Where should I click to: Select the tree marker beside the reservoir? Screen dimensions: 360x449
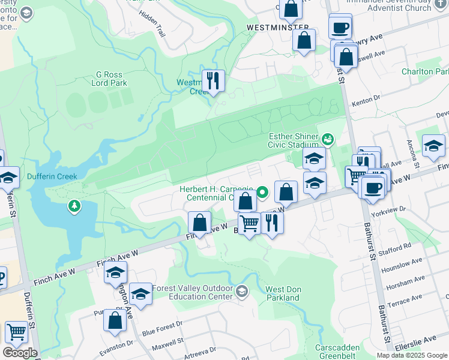[x=74, y=206]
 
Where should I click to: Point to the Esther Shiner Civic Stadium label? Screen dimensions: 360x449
[x=294, y=140]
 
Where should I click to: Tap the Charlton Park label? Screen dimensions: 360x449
[x=426, y=71]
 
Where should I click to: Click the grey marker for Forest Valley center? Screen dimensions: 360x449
[x=241, y=292]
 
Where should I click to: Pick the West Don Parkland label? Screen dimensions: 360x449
[x=283, y=293]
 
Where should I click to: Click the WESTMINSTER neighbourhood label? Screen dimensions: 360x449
[x=278, y=28]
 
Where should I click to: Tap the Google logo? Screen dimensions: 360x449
[x=20, y=353]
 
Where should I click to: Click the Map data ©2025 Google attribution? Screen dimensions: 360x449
[x=411, y=355]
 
